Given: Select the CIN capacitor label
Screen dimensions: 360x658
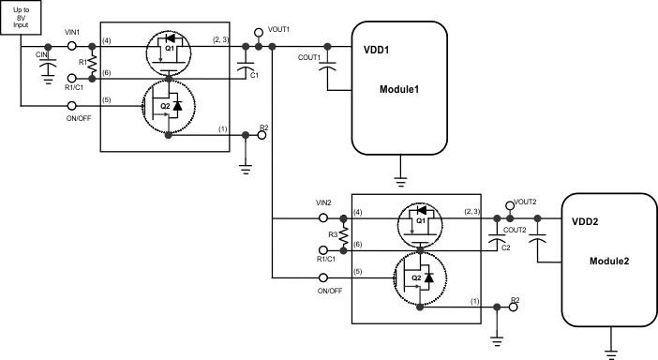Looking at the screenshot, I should pos(41,55).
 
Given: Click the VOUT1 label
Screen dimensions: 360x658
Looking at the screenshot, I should pos(279,29).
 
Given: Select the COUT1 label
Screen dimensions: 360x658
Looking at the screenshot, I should pos(309,57).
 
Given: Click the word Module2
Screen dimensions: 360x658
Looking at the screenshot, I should pos(609,261).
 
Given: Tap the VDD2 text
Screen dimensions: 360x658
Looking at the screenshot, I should pos(587,223).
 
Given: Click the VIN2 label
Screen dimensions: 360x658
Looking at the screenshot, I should pos(324,202).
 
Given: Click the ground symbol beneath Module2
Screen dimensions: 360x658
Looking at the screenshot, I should pos(611,353).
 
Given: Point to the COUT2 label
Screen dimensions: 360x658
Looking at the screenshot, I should pos(514,230).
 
